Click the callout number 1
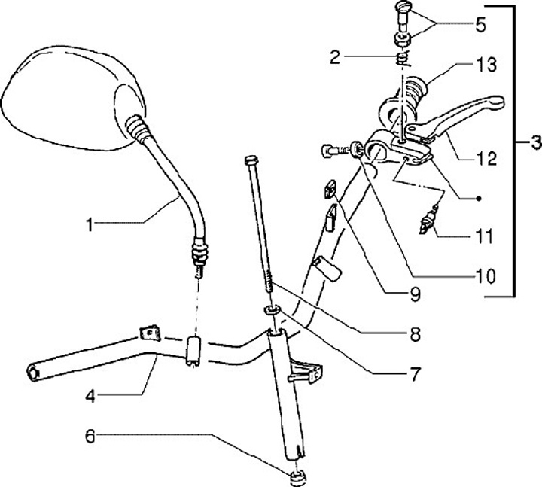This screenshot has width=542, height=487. (90, 224)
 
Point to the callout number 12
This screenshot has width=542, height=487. (487, 159)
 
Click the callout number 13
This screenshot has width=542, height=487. (487, 65)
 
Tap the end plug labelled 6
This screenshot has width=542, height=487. (297, 476)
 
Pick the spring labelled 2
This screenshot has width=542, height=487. (403, 58)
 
